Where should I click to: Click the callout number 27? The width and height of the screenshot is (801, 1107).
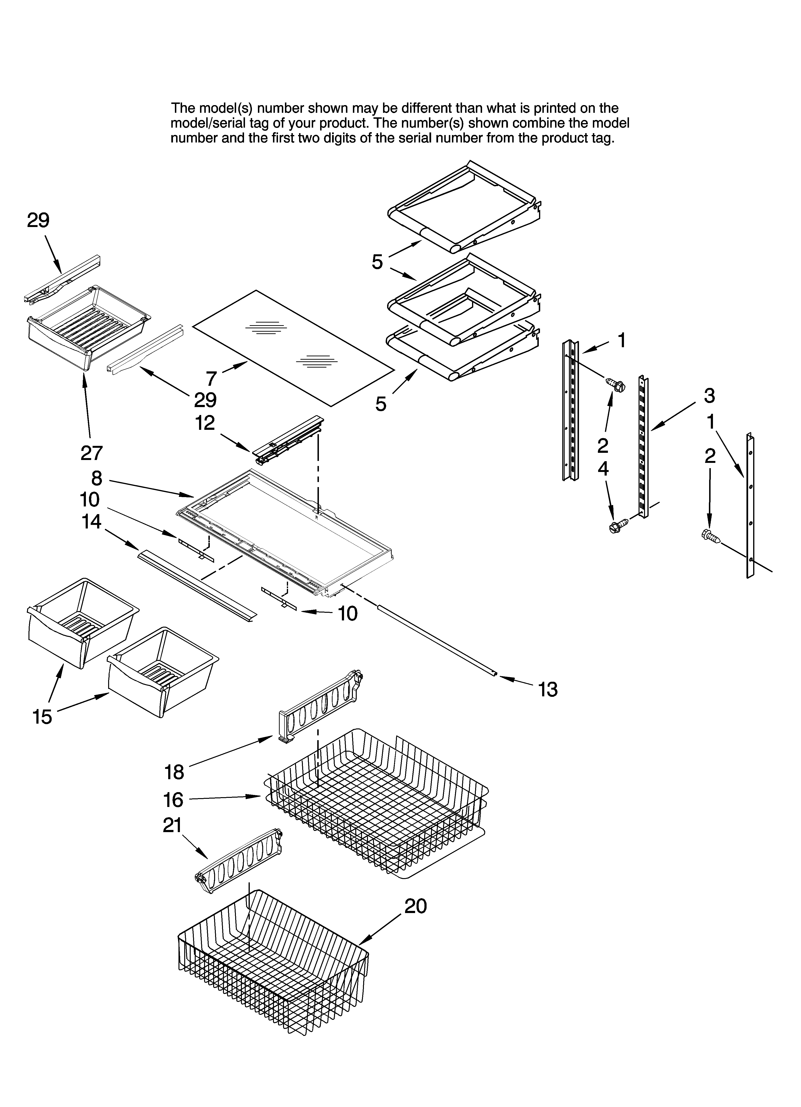tap(91, 453)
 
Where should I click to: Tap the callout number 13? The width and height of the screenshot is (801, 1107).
tap(547, 690)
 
